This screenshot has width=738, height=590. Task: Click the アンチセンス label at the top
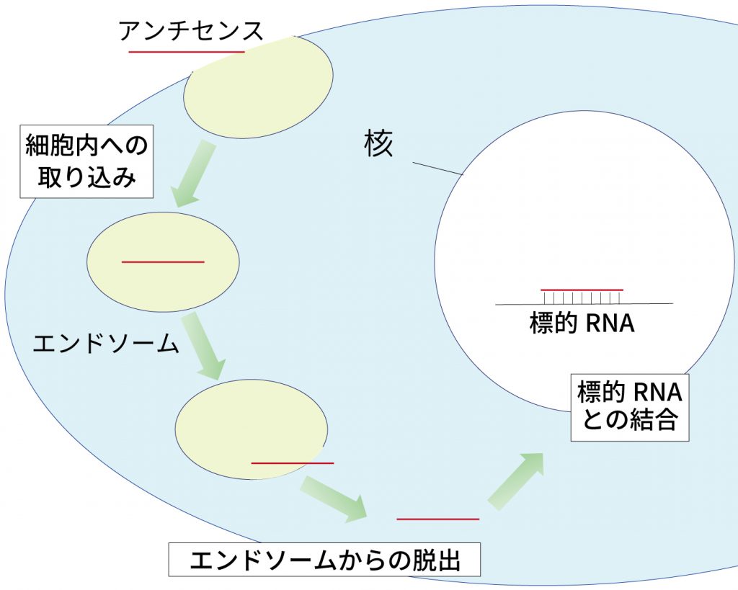coord(191,31)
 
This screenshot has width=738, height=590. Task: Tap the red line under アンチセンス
coord(186,52)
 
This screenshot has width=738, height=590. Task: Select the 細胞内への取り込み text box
coord(86,161)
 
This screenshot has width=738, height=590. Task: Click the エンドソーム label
coord(105,344)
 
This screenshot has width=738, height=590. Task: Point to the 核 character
coord(378,145)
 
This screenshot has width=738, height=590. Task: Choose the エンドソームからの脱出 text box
coord(324,560)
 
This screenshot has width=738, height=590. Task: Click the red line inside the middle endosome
coord(163,262)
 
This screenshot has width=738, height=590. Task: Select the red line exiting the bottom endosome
coord(292,462)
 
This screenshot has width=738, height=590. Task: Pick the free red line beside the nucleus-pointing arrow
coord(437,519)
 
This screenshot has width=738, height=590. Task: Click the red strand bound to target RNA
coord(582,290)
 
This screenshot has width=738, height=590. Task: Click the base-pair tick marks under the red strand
coord(582,297)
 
